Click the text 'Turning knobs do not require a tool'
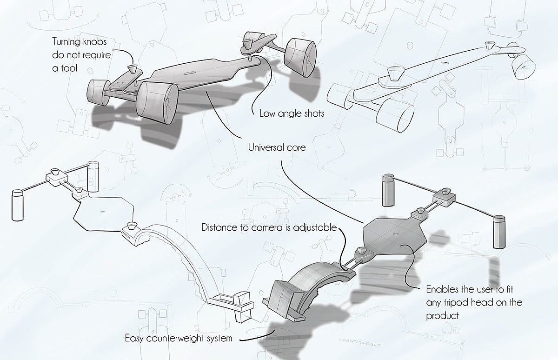[81, 55]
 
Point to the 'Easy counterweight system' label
[179, 338]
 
